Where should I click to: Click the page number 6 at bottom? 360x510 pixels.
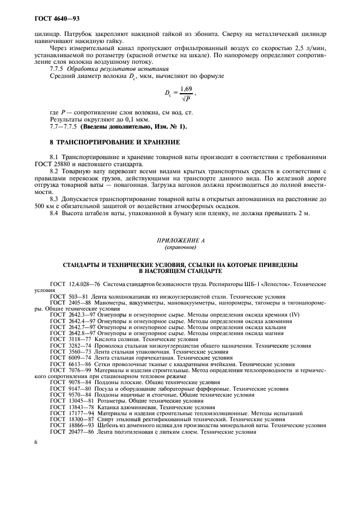[35, 442]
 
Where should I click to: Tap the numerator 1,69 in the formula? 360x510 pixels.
[185, 88]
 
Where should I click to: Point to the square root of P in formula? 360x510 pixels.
[186, 99]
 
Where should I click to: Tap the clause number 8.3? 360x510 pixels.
[54, 200]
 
